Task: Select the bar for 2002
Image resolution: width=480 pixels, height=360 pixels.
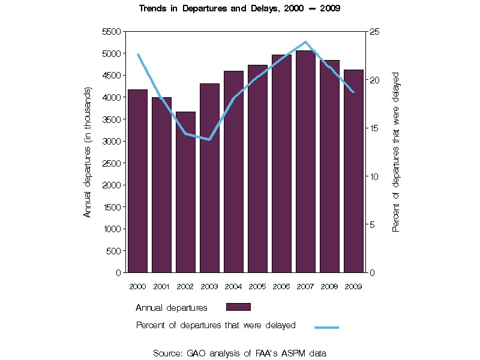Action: pos(185,192)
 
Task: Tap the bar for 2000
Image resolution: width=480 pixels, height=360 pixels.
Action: pos(137,181)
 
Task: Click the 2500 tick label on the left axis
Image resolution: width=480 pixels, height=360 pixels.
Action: pos(112,163)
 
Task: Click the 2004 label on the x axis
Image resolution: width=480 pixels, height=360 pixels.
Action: pos(233,286)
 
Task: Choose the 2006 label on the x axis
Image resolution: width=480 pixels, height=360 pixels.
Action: pos(281,286)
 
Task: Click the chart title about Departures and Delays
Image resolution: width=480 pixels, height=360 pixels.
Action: pos(240,9)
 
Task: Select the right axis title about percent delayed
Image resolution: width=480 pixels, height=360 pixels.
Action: pos(396,152)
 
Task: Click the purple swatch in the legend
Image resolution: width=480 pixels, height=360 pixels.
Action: pos(238,307)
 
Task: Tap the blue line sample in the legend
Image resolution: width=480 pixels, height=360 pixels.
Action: pos(327,327)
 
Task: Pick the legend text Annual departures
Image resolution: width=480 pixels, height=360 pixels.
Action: pos(172,308)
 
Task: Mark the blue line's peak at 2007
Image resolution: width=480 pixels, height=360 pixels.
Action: pos(305,42)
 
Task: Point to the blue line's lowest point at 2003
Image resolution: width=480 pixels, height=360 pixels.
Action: pos(209,140)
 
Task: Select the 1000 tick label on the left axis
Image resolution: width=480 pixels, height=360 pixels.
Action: pos(112,229)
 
